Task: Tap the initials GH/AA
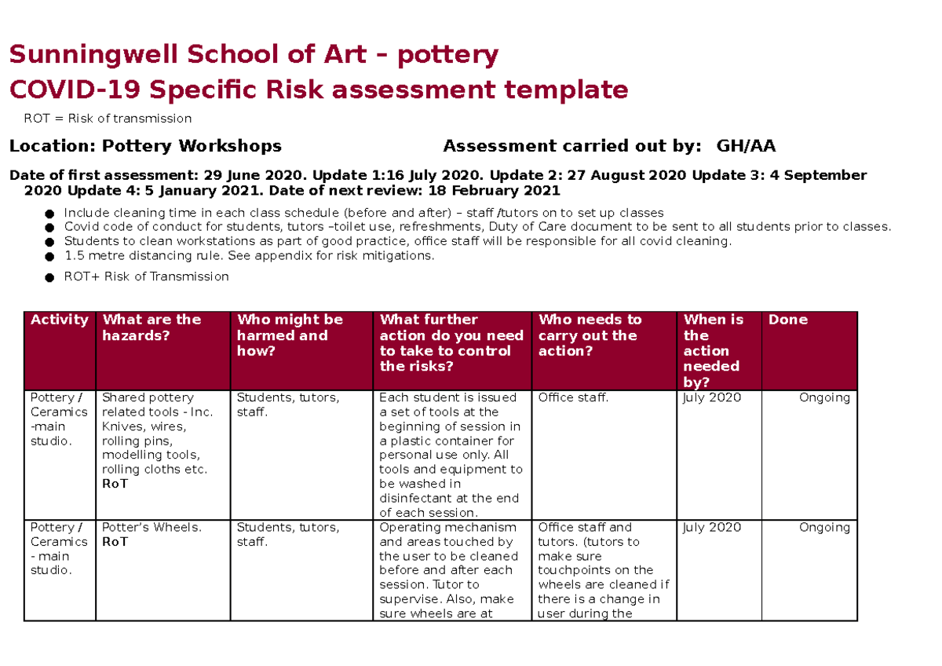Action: point(746,146)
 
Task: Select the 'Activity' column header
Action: point(60,320)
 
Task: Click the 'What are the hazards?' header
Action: point(152,328)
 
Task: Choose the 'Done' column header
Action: point(787,320)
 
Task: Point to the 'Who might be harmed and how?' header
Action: point(290,335)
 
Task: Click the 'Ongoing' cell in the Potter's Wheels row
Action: point(823,528)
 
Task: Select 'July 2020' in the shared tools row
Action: point(712,398)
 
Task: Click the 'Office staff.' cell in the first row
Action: point(573,398)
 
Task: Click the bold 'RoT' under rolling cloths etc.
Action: point(115,484)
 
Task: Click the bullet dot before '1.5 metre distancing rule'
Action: point(49,257)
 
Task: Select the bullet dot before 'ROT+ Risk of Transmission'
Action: point(49,277)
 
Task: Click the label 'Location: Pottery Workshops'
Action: point(144,146)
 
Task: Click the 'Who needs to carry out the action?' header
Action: point(590,335)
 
